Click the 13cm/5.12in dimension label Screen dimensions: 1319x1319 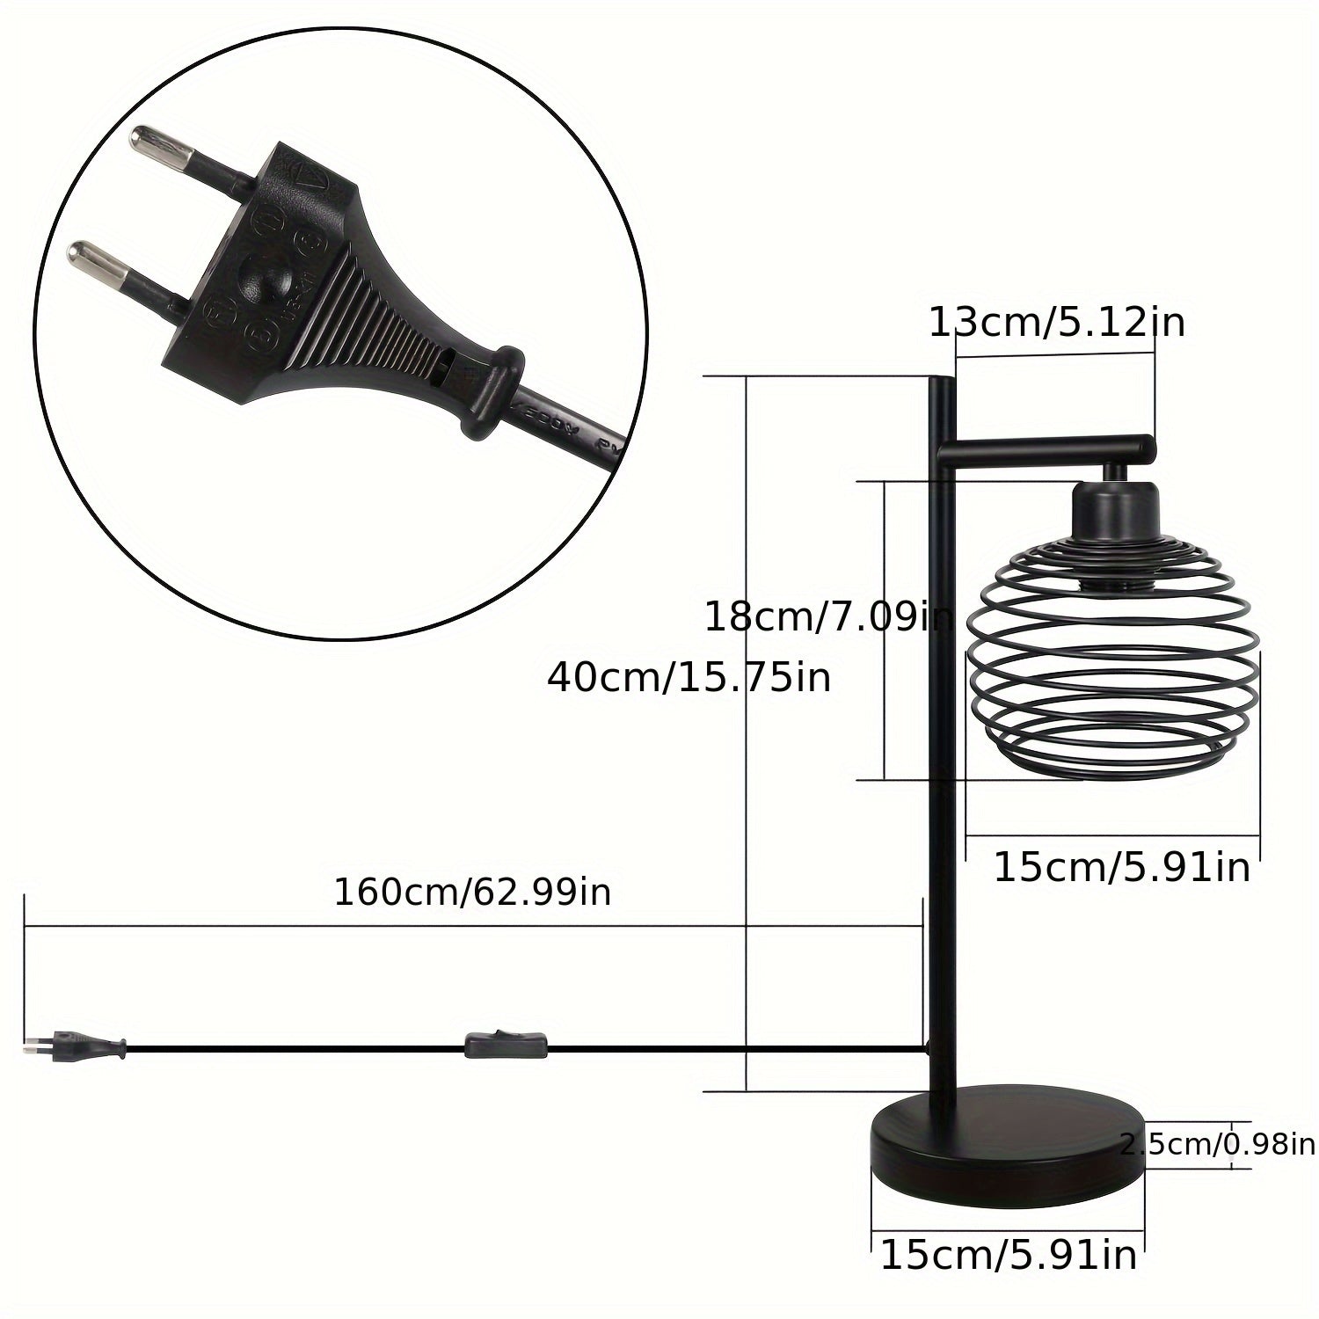click(x=1057, y=324)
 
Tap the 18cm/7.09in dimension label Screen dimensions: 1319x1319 click(x=829, y=618)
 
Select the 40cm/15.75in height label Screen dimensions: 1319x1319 click(x=689, y=678)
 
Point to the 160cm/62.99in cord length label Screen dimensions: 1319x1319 click(x=472, y=893)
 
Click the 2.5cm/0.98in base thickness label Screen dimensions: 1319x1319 click(x=1218, y=1144)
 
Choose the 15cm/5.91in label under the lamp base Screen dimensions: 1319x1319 click(x=1009, y=1254)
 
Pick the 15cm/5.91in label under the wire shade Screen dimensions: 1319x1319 click(x=1122, y=867)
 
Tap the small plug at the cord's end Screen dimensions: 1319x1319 click(x=74, y=1046)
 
